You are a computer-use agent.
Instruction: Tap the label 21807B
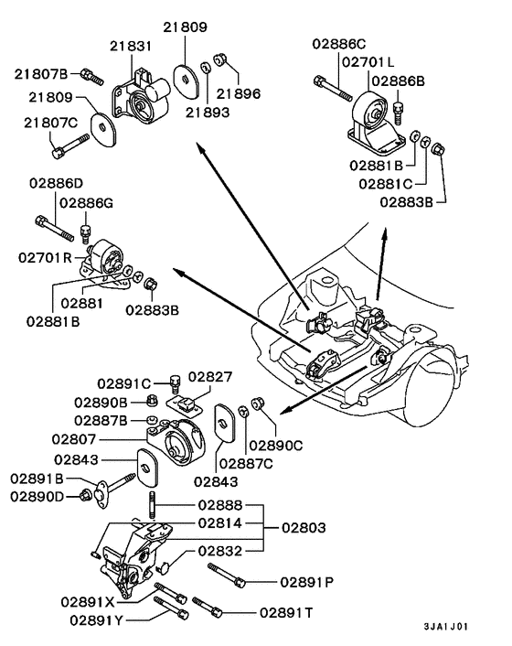(x=41, y=72)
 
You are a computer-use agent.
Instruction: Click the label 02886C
(x=339, y=43)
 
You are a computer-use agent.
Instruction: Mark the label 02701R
(x=44, y=259)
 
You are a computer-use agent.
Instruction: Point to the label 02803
(x=304, y=528)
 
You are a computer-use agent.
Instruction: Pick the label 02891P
(x=306, y=580)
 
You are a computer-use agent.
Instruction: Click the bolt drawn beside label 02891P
(x=228, y=574)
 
